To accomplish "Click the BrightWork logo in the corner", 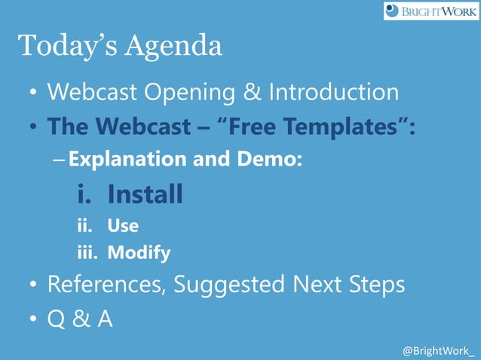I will coord(430,11).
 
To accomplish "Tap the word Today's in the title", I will coord(63,46).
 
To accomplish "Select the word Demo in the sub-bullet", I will coord(274,159).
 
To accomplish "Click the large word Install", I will coord(145,195).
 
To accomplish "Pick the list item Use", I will coord(123,224).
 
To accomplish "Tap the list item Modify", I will coord(139,253).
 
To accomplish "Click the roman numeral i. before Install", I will coord(85,195).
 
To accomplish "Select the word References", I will coord(105,285).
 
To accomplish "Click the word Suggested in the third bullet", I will coord(234,285).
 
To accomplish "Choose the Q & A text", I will coord(80,319).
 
